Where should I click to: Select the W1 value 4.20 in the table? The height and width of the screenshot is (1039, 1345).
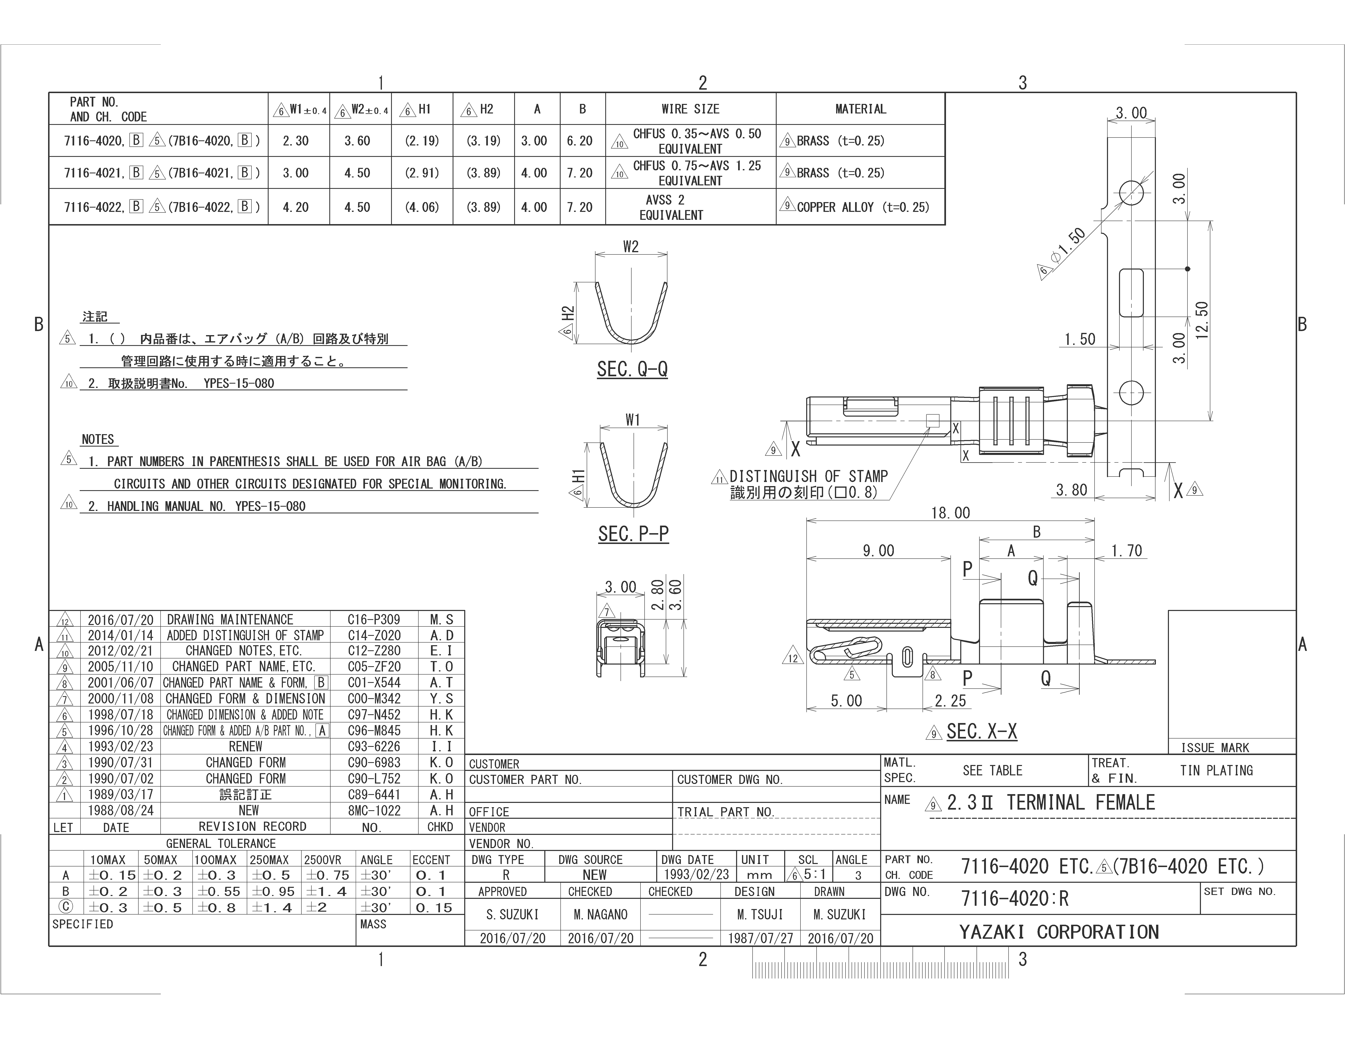(296, 207)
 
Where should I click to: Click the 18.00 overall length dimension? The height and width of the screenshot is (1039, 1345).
(950, 513)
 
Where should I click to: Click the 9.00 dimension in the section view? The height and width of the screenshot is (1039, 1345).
(878, 550)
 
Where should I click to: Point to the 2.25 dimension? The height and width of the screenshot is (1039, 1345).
(950, 700)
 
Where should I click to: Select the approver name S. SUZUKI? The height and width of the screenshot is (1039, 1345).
(512, 915)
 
